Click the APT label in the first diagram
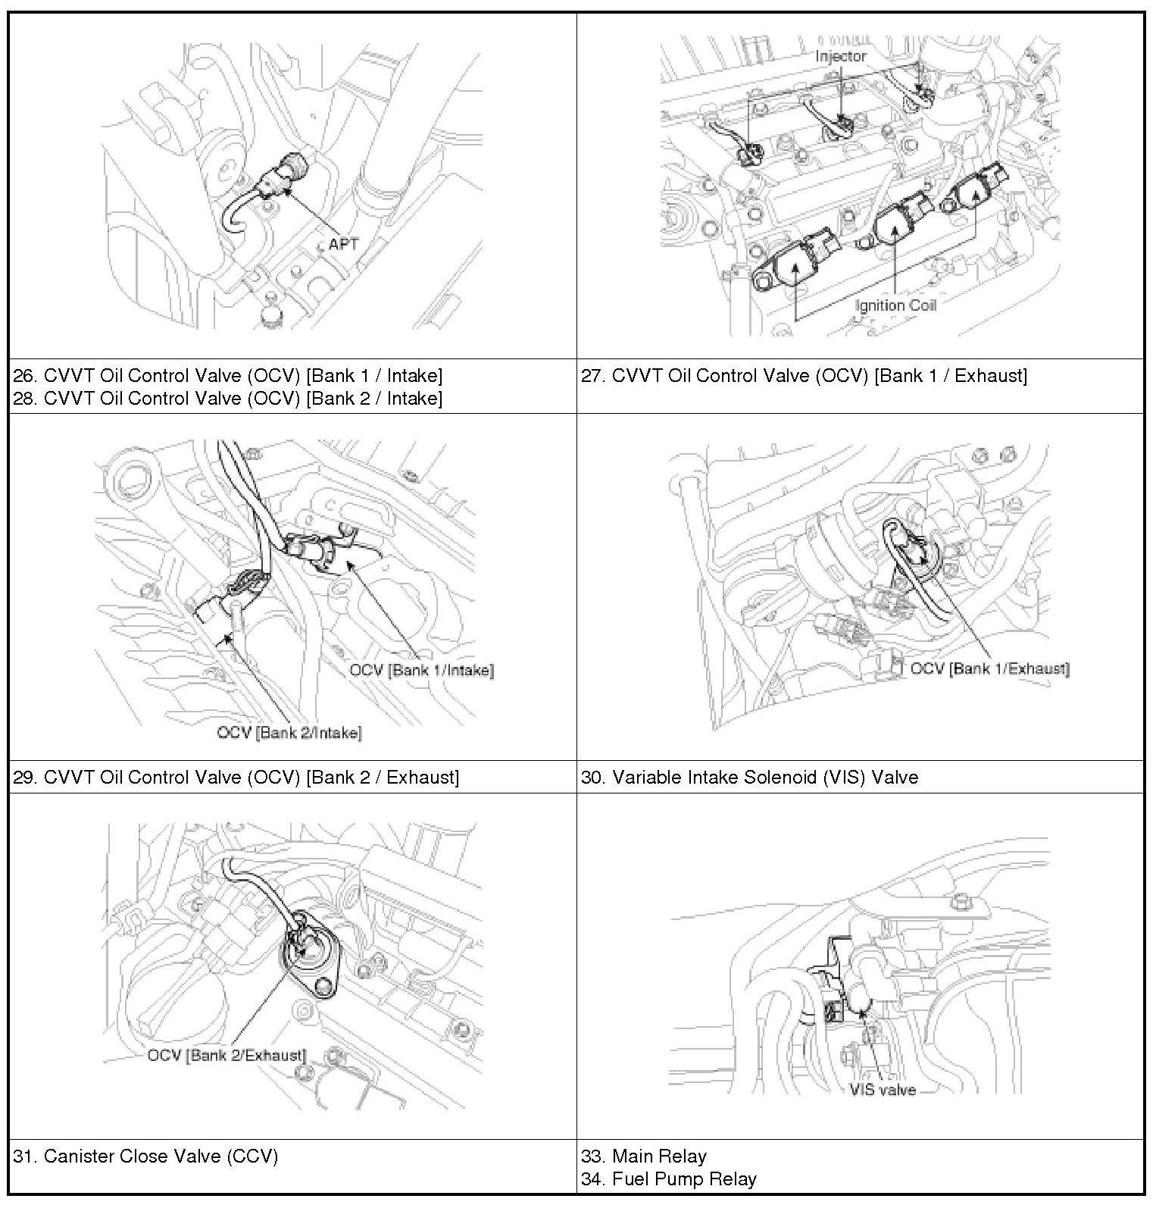pyautogui.click(x=342, y=245)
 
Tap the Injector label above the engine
pyautogui.click(x=841, y=56)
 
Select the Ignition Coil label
pyautogui.click(x=895, y=305)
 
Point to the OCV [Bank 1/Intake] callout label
pyautogui.click(x=421, y=670)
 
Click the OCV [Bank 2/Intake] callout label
pyautogui.click(x=289, y=733)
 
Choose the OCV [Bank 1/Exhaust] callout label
pyautogui.click(x=989, y=668)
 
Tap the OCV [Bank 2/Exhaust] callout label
pyautogui.click(x=227, y=1055)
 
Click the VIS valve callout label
pyautogui.click(x=883, y=1090)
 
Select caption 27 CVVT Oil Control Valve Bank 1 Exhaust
pyautogui.click(x=804, y=376)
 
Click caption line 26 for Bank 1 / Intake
pyautogui.click(x=228, y=375)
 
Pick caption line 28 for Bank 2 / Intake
pyautogui.click(x=228, y=398)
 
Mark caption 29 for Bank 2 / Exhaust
pyautogui.click(x=236, y=777)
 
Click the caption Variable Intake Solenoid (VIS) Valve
pyautogui.click(x=749, y=777)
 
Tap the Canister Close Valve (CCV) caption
pyautogui.click(x=145, y=1156)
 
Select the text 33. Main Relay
pyautogui.click(x=644, y=1156)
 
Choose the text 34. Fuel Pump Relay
pyautogui.click(x=669, y=1178)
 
